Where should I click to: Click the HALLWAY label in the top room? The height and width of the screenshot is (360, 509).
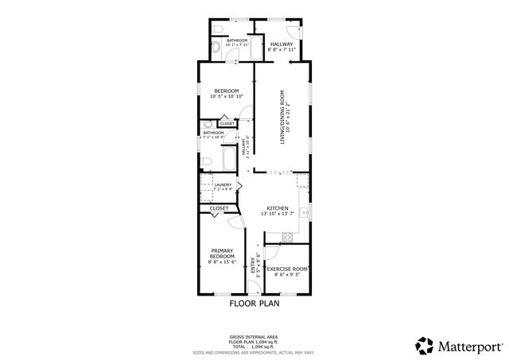coord(282,45)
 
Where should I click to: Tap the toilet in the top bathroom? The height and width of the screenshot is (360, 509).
coord(218,48)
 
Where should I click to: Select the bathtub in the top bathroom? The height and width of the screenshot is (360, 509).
coord(239,30)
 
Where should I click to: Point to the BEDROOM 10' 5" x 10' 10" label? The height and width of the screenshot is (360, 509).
coord(227,93)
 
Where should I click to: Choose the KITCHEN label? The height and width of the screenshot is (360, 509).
coord(279,210)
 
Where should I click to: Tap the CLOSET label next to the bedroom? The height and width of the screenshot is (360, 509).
coord(227,124)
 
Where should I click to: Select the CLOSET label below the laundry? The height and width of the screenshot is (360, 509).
coord(220,208)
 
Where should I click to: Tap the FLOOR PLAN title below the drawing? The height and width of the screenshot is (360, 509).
coord(254,303)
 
